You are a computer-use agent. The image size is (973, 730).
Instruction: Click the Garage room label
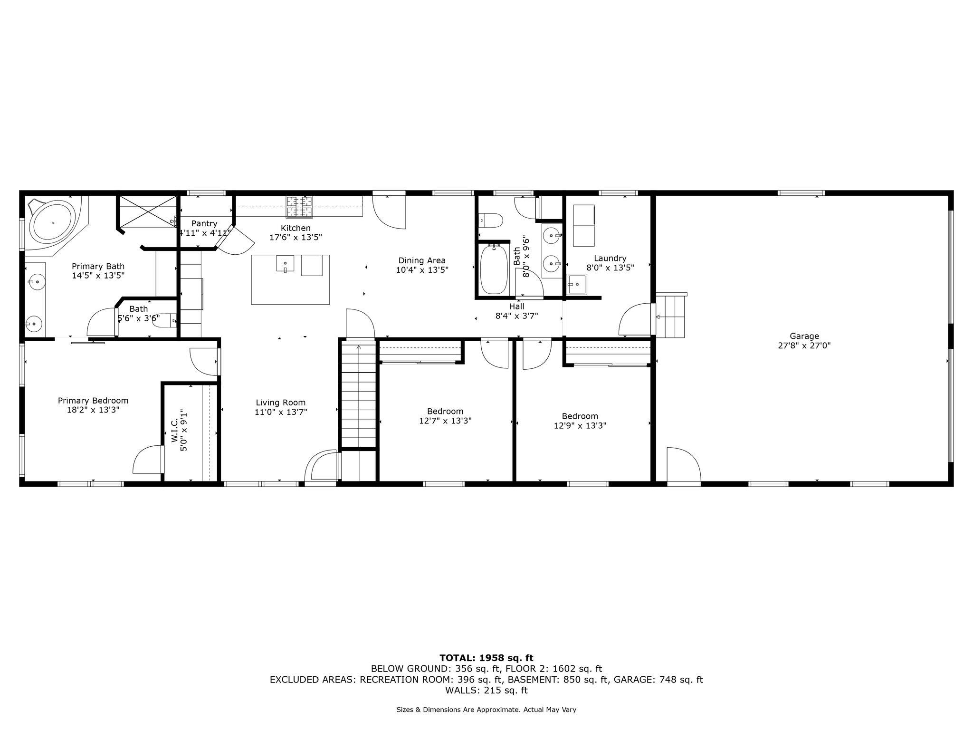coord(804,336)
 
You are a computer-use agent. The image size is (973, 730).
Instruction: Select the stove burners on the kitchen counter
coord(299,207)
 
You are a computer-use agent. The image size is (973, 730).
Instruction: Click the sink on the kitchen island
coord(285,263)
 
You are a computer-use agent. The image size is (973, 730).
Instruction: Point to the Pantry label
coord(204,223)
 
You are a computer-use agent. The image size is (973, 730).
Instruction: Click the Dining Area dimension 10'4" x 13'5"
coord(422,270)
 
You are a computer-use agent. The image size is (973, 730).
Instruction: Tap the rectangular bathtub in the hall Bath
coord(494,269)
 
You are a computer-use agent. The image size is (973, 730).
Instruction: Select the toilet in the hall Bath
coord(491,220)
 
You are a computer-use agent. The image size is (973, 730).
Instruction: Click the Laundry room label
coord(610,258)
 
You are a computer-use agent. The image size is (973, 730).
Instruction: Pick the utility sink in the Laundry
coord(577,284)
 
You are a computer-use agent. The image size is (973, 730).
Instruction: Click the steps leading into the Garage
coord(670,315)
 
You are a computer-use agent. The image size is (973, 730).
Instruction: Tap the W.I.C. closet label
coord(174,431)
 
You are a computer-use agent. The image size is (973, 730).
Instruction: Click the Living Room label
coord(280,403)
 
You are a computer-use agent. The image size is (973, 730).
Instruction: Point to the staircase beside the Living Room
coord(359,394)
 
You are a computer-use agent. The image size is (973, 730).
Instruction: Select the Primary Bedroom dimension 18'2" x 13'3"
coord(93,410)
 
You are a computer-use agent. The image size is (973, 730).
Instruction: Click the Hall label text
coord(516,307)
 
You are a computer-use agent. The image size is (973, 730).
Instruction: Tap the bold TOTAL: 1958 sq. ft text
coord(486,658)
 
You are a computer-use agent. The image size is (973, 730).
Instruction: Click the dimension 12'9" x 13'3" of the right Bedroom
coord(580,426)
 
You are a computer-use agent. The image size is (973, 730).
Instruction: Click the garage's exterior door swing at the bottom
coord(682,466)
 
